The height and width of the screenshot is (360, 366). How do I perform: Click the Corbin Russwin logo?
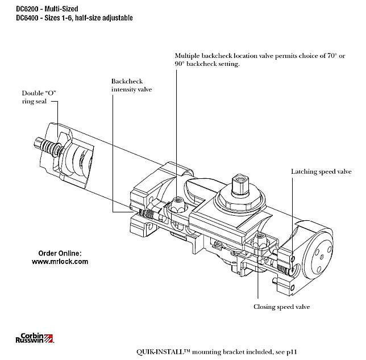click(34, 337)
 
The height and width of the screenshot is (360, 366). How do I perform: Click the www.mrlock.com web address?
click(60, 262)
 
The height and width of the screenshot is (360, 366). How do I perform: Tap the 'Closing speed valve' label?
click(282, 307)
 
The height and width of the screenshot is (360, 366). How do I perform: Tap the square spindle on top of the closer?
click(237, 185)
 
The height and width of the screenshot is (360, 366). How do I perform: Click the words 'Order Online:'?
click(60, 253)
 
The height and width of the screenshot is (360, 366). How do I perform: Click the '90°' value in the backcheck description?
click(181, 65)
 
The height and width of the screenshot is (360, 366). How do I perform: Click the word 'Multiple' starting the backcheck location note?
click(189, 56)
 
